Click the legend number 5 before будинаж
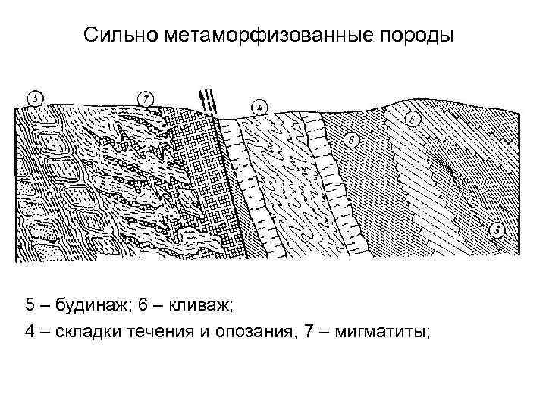point(30,305)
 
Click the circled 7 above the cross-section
point(146,98)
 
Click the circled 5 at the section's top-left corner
point(35,98)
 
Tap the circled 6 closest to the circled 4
point(351,139)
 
